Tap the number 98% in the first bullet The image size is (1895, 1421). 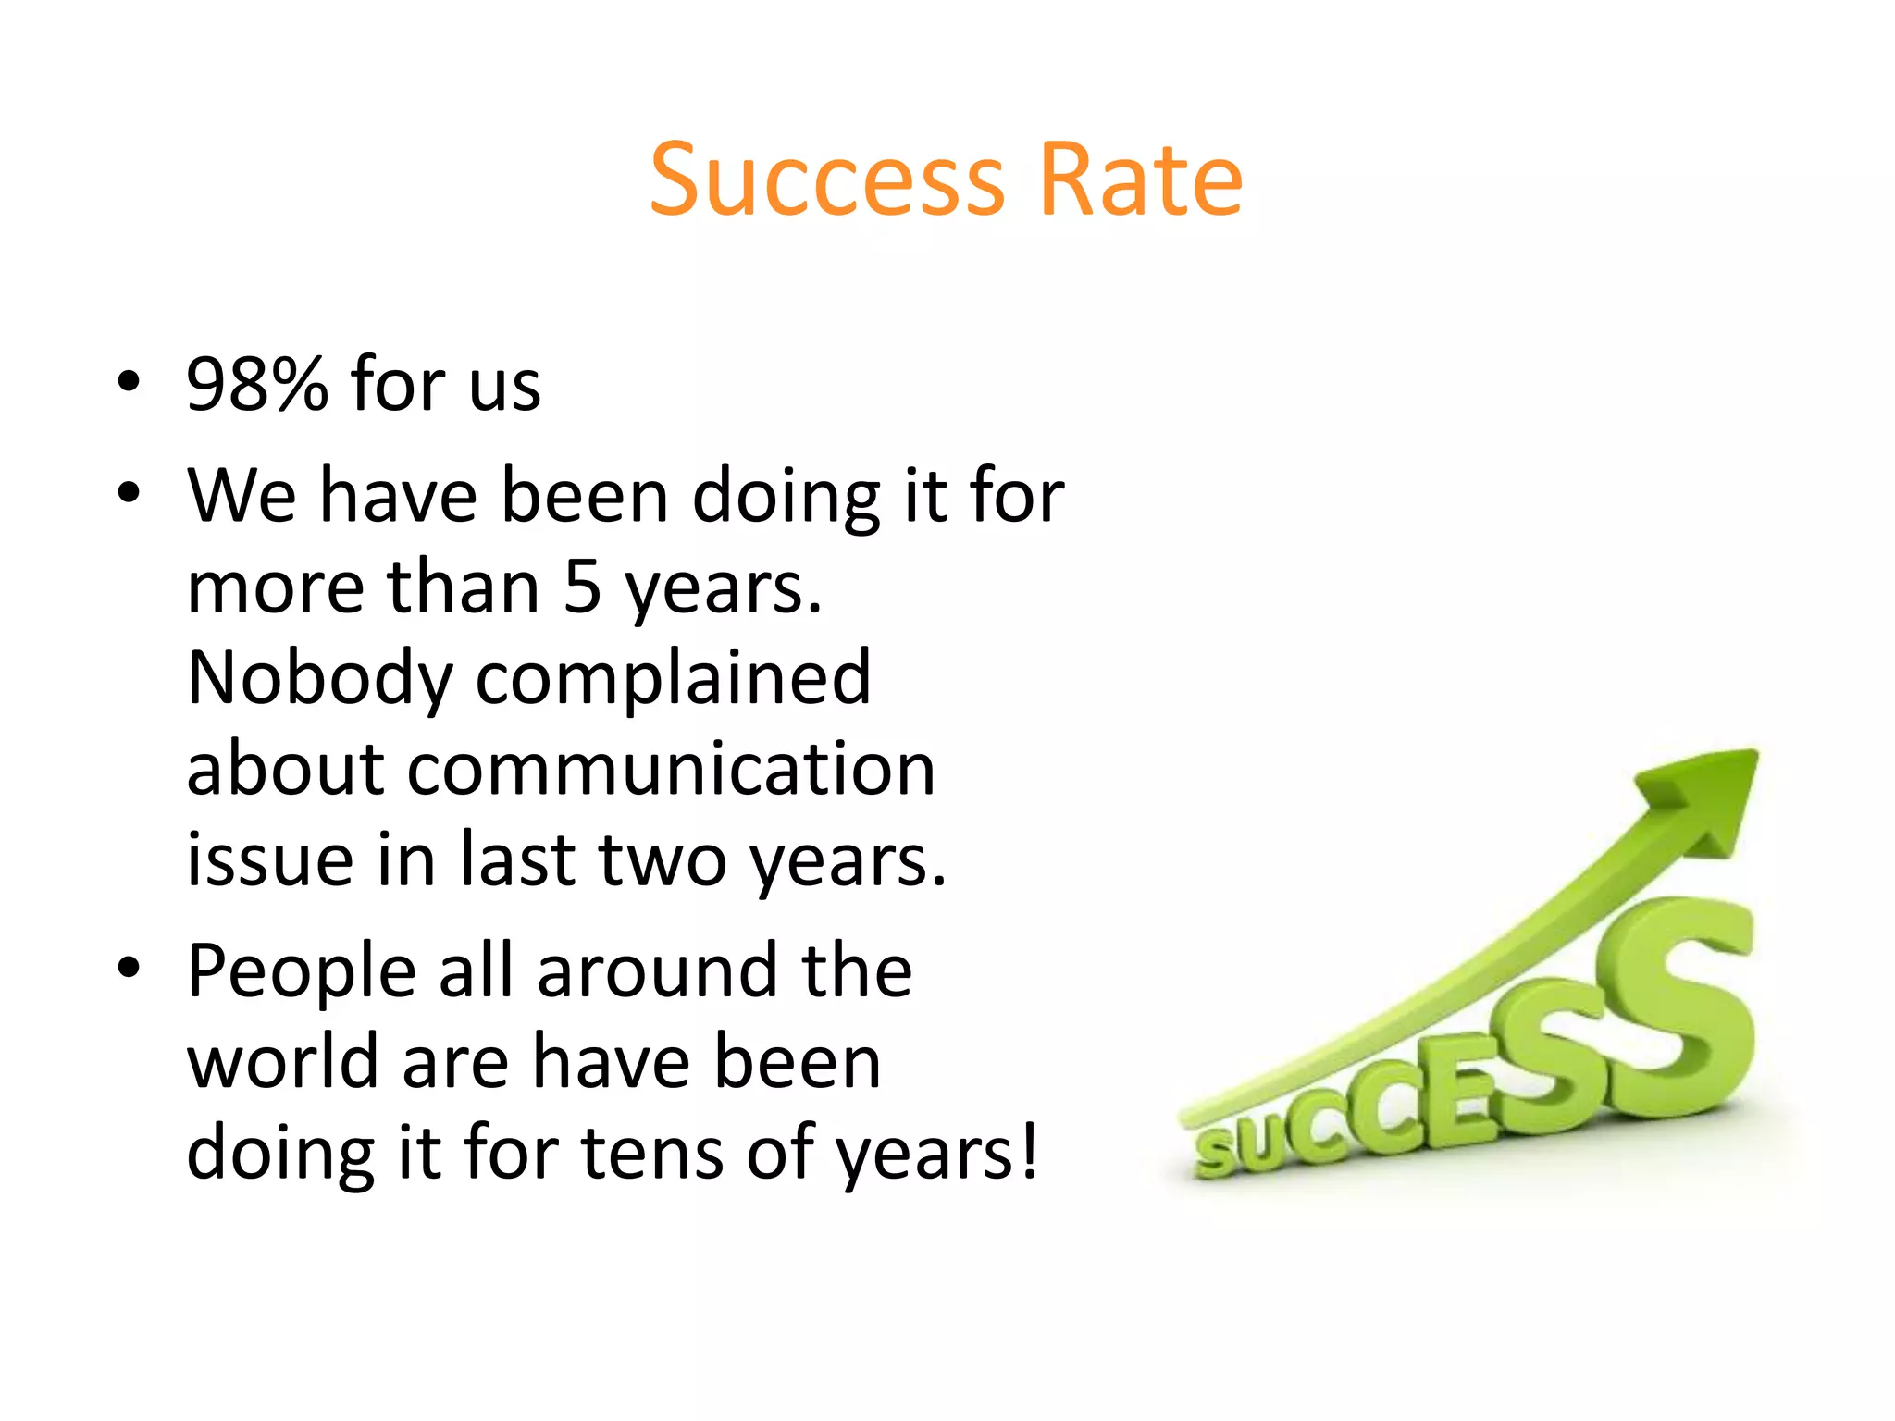[256, 384]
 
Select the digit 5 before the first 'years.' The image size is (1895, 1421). [582, 587]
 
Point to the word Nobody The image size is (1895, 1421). [319, 678]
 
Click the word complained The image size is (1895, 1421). [673, 678]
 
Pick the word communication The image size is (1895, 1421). [561, 769]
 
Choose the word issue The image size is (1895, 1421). [270, 859]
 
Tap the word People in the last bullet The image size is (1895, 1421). [302, 970]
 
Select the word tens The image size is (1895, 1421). [651, 1152]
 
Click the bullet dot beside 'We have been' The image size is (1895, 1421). [129, 492]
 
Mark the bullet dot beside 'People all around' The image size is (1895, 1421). [129, 967]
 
